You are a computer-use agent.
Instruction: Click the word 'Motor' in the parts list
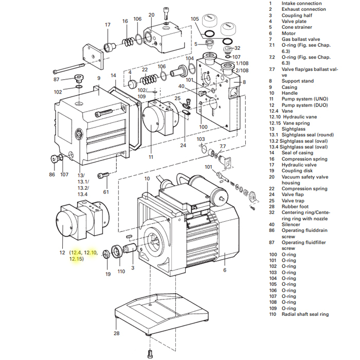tap(289, 33)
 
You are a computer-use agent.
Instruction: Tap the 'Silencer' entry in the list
tap(292, 224)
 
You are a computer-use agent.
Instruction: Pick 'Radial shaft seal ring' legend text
tap(305, 314)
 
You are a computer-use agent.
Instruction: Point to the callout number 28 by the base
tap(116, 333)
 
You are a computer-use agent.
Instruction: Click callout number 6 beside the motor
tap(224, 269)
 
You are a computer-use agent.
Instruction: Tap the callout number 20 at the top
tap(151, 15)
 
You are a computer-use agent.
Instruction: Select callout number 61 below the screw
tap(106, 192)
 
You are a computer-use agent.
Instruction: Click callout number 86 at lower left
tap(52, 174)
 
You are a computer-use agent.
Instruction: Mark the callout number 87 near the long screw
tap(57, 79)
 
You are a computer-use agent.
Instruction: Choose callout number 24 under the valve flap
tap(183, 146)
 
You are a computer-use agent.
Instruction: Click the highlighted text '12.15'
tap(76, 259)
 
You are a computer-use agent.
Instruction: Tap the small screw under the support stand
tap(150, 353)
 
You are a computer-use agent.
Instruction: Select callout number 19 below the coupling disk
tap(108, 274)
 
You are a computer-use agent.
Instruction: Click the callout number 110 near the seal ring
tap(121, 271)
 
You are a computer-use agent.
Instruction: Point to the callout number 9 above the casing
tap(98, 78)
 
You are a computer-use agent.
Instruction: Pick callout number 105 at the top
tap(194, 19)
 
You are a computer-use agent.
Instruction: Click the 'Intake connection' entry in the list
tap(301, 3)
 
